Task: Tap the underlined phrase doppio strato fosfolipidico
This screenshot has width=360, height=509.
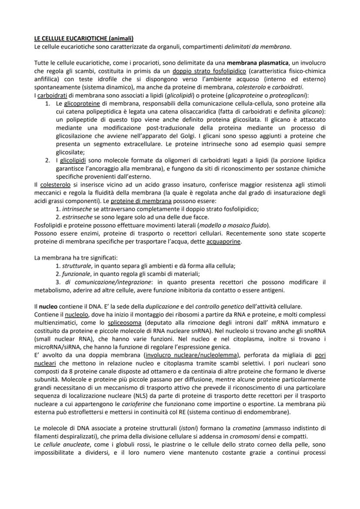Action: pyautogui.click(x=209, y=71)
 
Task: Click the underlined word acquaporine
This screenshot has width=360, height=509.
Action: pyautogui.click(x=223, y=241)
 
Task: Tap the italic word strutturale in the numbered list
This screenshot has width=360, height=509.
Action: pyautogui.click(x=77, y=266)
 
